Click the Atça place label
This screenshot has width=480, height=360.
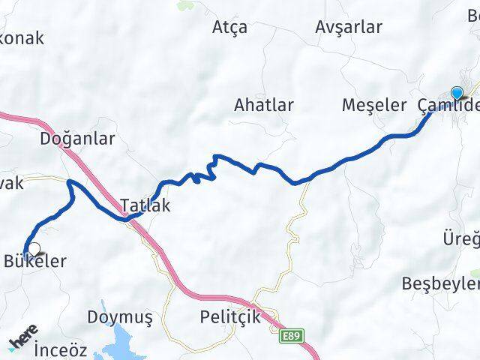pyautogui.click(x=229, y=28)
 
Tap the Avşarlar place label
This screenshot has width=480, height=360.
pyautogui.click(x=349, y=28)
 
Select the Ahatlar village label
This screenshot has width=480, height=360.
pyautogui.click(x=263, y=104)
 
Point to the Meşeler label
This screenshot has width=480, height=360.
pyautogui.click(x=373, y=104)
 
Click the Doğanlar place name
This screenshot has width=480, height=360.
pyautogui.click(x=77, y=139)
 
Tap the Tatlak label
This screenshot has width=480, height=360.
pyautogui.click(x=145, y=205)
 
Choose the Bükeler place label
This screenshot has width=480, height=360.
pyautogui.click(x=35, y=262)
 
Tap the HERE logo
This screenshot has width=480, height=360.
pyautogui.click(x=23, y=342)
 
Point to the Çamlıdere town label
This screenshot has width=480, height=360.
pyautogui.click(x=448, y=106)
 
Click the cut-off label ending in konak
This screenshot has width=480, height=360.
pyautogui.click(x=22, y=37)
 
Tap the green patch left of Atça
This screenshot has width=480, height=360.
pyautogui.click(x=184, y=6)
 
